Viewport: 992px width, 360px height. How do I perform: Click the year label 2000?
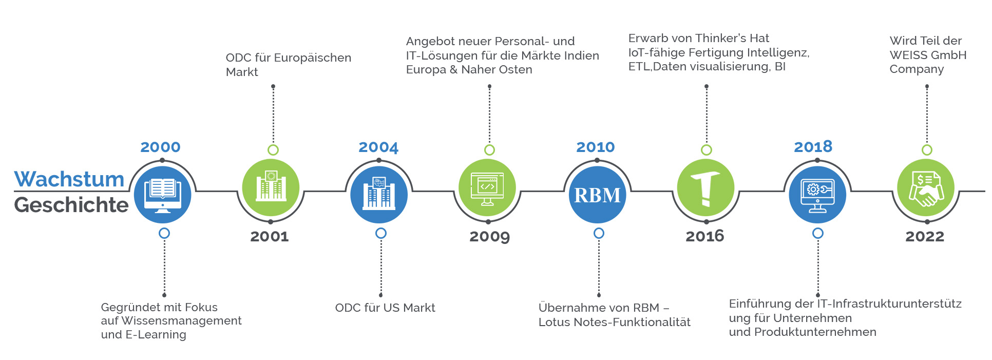pyautogui.click(x=160, y=147)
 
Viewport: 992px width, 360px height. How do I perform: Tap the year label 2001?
pyautogui.click(x=270, y=236)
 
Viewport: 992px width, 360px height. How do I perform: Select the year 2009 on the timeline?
pyautogui.click(x=489, y=236)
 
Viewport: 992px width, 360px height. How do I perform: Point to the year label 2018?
pyautogui.click(x=813, y=147)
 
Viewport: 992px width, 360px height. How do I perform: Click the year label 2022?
pyautogui.click(x=925, y=236)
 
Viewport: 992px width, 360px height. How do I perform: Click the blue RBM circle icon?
pyautogui.click(x=597, y=195)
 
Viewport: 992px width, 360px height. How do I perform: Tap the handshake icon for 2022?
pyautogui.click(x=925, y=188)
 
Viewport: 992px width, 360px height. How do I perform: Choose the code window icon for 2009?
pyautogui.click(x=487, y=188)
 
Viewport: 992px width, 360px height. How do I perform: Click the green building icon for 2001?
pyautogui.click(x=271, y=187)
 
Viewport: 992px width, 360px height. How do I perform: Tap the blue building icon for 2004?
pyautogui.click(x=379, y=194)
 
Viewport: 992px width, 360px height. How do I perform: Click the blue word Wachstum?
pyautogui.click(x=69, y=180)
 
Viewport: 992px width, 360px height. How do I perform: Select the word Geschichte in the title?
pyautogui.click(x=71, y=205)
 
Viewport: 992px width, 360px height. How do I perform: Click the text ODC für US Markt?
pyautogui.click(x=385, y=308)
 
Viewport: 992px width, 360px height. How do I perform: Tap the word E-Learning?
pyautogui.click(x=156, y=334)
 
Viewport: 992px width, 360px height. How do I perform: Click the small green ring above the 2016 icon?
pyautogui.click(x=707, y=150)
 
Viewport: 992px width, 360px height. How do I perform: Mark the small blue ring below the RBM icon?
pyautogui.click(x=599, y=233)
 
